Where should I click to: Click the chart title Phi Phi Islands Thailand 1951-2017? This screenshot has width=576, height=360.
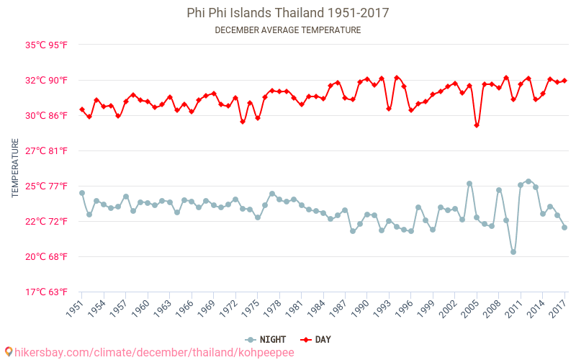(287, 13)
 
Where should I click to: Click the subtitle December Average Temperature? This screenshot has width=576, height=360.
(287, 30)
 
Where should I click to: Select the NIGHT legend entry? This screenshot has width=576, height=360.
(267, 339)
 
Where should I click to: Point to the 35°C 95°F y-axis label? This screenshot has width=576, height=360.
(47, 45)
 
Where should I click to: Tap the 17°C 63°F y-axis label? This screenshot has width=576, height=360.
(47, 292)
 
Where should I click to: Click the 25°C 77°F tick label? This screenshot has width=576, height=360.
(47, 186)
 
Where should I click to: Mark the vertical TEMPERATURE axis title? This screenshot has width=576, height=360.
(15, 168)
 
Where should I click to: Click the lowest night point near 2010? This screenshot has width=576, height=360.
(513, 252)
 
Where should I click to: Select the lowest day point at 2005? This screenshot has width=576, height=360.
(477, 125)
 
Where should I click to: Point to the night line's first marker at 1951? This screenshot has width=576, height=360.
(82, 193)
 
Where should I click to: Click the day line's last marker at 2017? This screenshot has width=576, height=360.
(564, 81)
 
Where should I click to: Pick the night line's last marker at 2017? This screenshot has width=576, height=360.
(564, 228)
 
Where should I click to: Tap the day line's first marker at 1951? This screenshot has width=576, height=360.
(82, 109)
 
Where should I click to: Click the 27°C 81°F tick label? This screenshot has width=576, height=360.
(47, 150)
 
